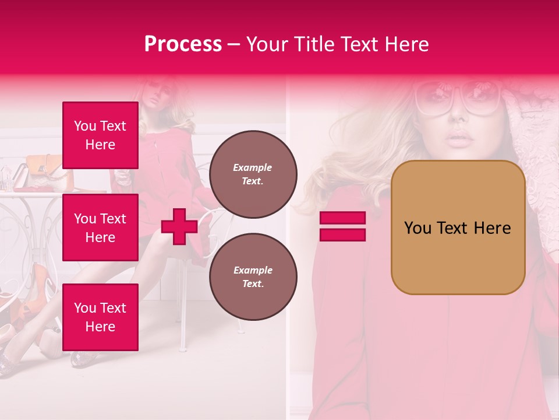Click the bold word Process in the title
point(183,44)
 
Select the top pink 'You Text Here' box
point(100,135)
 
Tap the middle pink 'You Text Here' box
point(100,228)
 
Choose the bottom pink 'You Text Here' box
point(100,317)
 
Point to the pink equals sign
point(342,227)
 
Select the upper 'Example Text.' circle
point(253,174)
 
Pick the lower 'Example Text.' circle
point(253,276)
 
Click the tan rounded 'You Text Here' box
point(458,228)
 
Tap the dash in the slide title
point(234,44)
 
